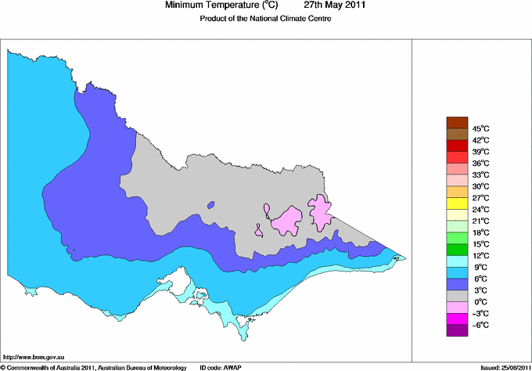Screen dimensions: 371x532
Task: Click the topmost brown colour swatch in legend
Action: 457,122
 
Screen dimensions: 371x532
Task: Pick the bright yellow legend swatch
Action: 457,203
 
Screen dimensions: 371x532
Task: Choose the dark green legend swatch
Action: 457,249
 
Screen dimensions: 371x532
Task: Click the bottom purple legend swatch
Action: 457,330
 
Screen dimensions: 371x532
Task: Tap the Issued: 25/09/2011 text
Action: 501,366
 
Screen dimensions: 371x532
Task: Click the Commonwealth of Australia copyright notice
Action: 94,366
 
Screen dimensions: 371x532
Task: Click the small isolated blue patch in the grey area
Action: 211,206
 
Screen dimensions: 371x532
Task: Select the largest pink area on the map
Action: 286,222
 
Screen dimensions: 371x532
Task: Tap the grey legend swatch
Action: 457,296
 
